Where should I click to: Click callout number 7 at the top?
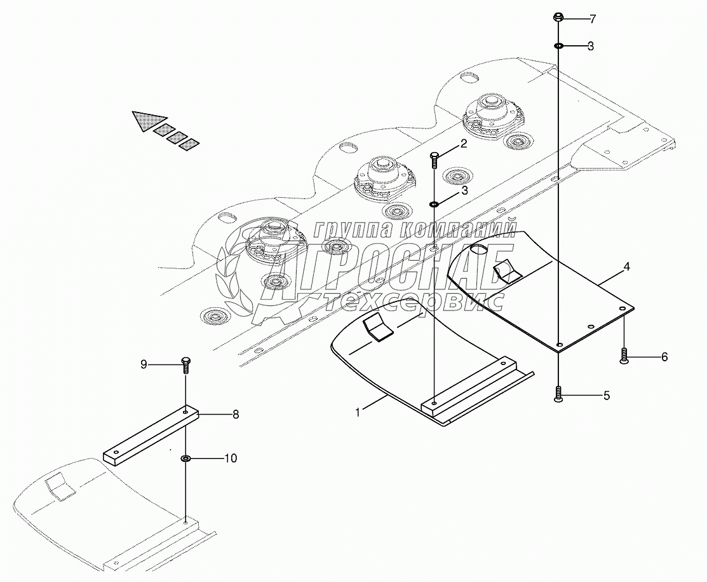point(592,19)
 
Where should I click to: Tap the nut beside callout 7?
point(558,17)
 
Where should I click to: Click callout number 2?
point(464,144)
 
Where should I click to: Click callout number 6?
point(664,357)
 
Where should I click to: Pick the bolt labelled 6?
point(624,356)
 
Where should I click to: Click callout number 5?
point(606,396)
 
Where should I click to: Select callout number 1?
point(358,413)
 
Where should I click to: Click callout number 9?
point(144,364)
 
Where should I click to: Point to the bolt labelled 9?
point(185,364)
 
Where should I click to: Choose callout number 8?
point(235,415)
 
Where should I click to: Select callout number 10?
point(231,458)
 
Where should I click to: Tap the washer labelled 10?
point(186,458)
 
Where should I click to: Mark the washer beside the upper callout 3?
point(558,46)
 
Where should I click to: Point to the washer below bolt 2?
point(434,204)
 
